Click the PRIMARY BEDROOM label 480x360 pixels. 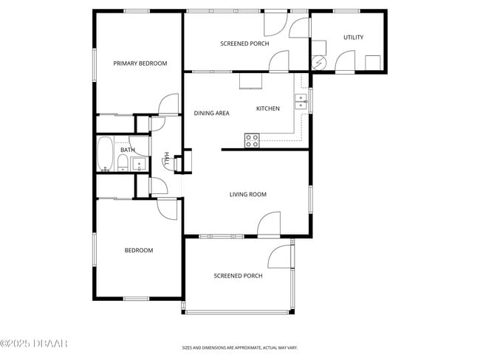140,63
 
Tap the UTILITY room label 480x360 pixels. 353,38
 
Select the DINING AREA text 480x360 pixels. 211,113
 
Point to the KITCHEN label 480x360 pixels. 267,109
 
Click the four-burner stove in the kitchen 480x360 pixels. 252,140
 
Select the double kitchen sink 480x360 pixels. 301,102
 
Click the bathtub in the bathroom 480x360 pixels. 105,154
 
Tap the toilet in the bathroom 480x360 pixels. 123,163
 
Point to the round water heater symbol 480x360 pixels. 320,63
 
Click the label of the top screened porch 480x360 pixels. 244,44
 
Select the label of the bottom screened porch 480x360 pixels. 238,276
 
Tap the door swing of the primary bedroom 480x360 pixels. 169,105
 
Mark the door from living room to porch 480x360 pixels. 270,224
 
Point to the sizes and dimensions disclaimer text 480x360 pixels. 239,347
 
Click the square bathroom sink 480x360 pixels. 138,164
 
